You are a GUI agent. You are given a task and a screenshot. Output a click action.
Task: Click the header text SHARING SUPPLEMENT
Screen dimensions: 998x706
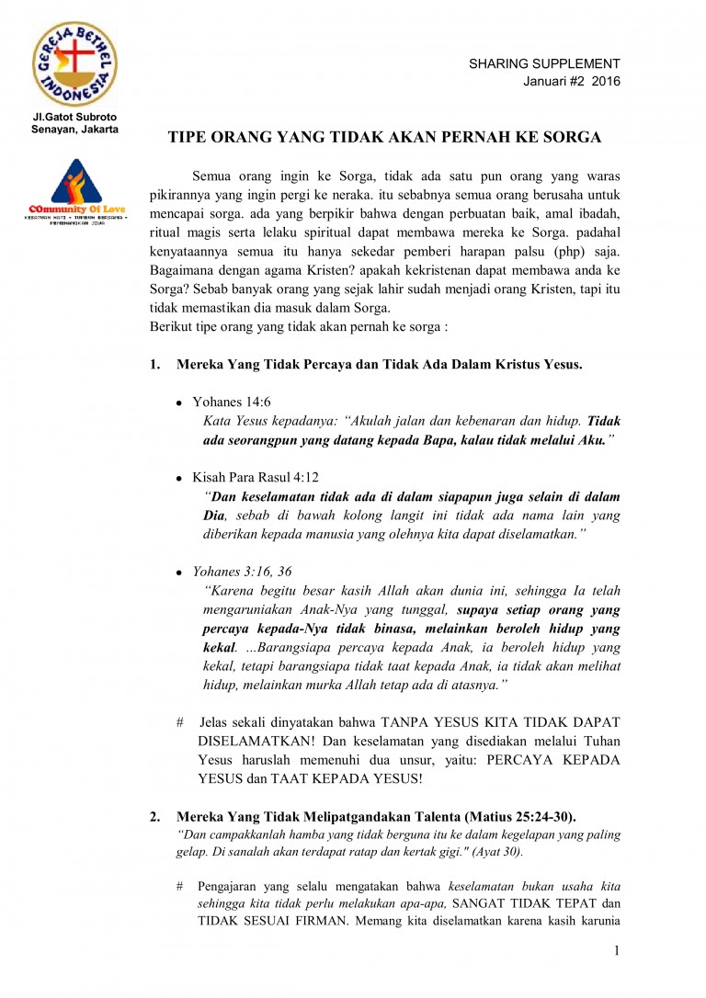coord(544,63)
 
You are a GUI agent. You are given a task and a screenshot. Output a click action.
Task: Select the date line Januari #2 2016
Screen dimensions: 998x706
coord(572,81)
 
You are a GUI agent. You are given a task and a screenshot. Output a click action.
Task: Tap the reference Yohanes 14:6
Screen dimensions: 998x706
coord(232,403)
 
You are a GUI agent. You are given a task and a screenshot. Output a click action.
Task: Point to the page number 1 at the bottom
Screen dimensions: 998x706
coord(617,950)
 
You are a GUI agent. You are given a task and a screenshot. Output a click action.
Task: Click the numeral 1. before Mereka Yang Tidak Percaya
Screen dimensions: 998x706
coord(154,364)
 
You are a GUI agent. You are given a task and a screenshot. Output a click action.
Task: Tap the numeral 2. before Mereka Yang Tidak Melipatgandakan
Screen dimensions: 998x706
coord(154,816)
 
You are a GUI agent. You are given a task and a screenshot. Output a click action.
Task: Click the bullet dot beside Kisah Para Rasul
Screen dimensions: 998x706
coord(179,480)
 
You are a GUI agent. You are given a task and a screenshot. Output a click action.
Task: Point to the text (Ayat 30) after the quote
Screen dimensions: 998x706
coord(497,852)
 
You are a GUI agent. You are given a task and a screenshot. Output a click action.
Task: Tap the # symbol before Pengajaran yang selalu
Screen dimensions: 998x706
coord(179,887)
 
